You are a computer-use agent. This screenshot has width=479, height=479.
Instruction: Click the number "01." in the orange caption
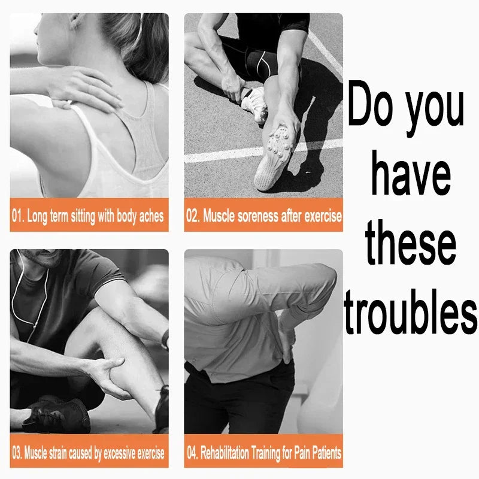pos(18,216)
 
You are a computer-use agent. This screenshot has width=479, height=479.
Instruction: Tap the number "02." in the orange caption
pos(193,216)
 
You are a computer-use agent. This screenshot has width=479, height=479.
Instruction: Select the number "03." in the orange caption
pos(17,453)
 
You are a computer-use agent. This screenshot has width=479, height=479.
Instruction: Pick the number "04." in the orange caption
pos(192,453)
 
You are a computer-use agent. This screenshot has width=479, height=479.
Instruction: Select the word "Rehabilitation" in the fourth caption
pos(225,453)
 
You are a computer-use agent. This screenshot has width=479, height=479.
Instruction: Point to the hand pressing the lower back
pos(288,339)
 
